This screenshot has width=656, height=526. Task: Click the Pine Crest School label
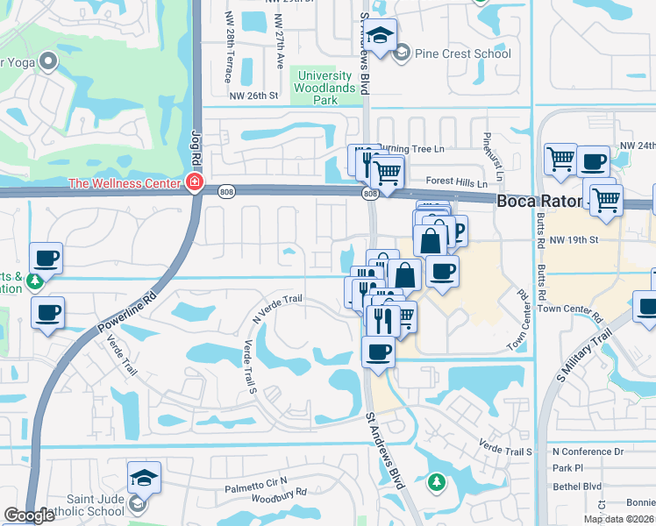[x=462, y=53]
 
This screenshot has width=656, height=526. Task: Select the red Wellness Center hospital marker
[x=194, y=183]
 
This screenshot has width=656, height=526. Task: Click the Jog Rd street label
[x=196, y=147]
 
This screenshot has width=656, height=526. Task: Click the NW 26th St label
[x=253, y=96]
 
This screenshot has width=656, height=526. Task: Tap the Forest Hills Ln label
[x=455, y=182]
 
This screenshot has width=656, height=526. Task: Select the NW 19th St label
[x=575, y=238]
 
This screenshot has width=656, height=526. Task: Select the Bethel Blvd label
[x=577, y=486]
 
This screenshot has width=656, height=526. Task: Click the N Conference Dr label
[x=588, y=451]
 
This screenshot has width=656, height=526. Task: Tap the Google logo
[x=30, y=515]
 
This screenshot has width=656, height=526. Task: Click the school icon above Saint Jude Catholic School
[x=144, y=479]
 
